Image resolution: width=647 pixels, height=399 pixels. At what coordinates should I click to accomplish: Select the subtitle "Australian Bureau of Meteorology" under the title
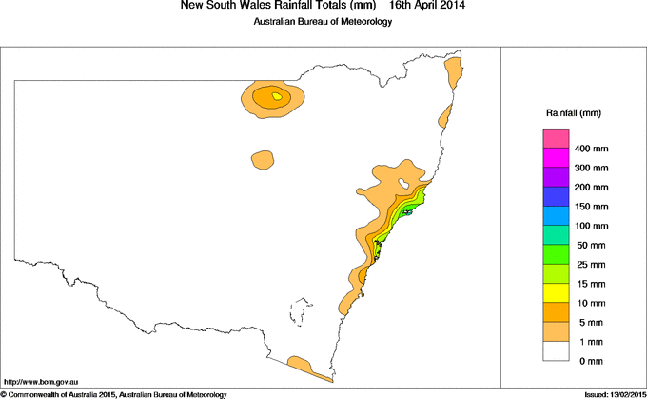323,23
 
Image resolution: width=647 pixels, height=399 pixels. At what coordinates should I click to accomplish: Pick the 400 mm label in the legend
592,150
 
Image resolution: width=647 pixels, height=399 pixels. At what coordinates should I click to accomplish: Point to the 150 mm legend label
592,207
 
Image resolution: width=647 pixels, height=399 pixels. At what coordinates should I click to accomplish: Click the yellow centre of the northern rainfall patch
277,96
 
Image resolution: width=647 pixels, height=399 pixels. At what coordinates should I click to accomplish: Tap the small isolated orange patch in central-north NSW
262,159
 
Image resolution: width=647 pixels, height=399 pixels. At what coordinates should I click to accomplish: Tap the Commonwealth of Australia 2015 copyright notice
114,393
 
